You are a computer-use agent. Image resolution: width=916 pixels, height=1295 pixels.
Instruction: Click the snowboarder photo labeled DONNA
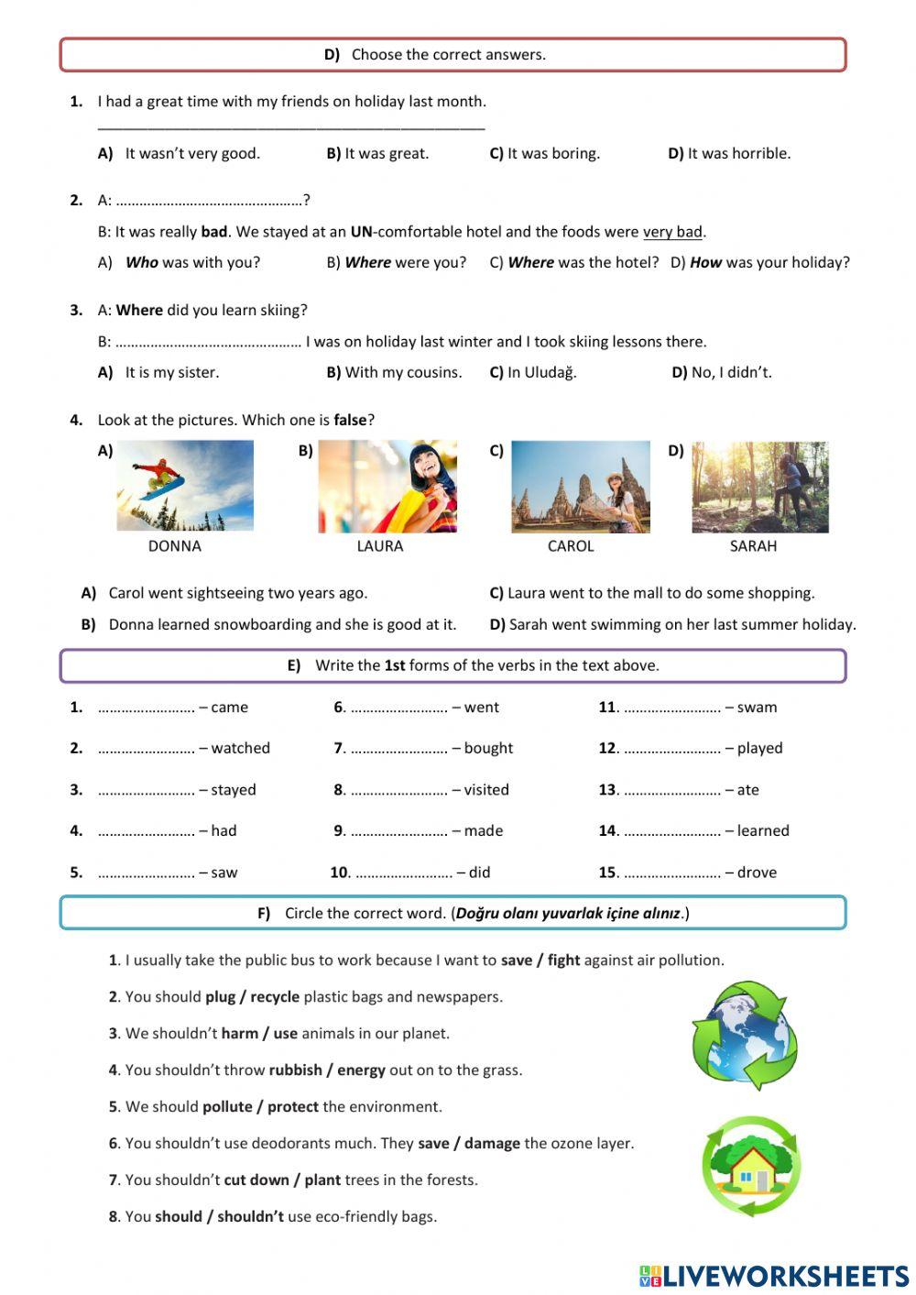coord(184,486)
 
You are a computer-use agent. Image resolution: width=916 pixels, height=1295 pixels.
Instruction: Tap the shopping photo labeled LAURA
coord(387,486)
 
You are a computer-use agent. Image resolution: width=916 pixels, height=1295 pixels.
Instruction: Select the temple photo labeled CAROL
coord(580,487)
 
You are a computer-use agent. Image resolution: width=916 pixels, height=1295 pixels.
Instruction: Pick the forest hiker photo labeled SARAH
coord(759,487)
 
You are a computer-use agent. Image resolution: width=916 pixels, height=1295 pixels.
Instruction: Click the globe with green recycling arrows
coord(745,1035)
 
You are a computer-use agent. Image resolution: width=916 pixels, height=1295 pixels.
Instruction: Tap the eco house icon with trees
coord(751,1166)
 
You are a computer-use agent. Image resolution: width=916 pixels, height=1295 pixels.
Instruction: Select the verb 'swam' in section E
coord(757,708)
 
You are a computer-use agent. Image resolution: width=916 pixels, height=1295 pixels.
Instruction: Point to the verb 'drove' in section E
coord(757,872)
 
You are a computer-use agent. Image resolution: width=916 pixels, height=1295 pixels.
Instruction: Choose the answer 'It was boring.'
coord(553,154)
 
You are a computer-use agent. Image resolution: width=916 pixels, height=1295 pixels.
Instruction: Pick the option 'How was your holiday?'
coord(769,263)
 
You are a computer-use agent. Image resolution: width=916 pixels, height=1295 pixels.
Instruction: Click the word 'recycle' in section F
coord(275,997)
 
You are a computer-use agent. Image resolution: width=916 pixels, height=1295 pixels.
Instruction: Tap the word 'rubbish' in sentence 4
coord(295,1070)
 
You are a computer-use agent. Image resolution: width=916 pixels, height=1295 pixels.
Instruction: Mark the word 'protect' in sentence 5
coord(293,1107)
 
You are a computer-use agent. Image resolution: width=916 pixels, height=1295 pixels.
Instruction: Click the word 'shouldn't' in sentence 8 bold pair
coord(250,1217)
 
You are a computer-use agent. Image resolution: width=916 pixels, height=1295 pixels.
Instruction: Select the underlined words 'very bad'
coord(672,232)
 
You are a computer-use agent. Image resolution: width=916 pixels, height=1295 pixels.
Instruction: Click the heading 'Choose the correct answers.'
coord(448,55)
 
